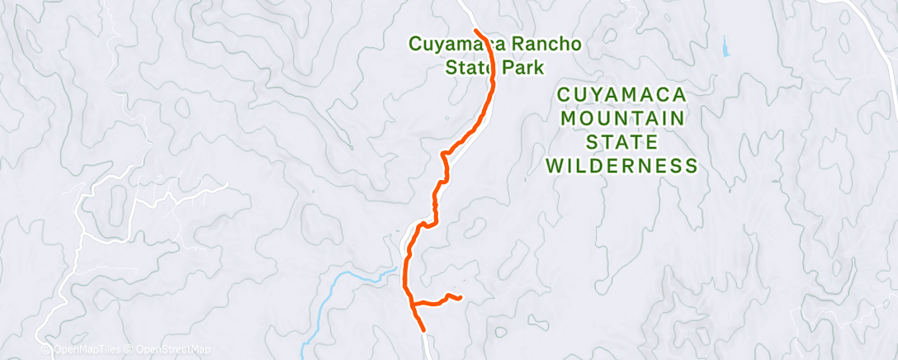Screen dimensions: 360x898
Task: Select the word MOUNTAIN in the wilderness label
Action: point(622,118)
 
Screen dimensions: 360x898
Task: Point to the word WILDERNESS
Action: point(622,166)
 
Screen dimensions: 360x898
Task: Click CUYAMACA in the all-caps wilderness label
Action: point(622,94)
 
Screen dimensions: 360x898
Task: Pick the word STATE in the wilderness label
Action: point(622,142)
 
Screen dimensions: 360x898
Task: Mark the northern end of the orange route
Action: point(476,32)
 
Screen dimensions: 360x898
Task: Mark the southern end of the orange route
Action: point(423,329)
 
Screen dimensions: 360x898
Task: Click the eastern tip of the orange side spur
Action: point(459,297)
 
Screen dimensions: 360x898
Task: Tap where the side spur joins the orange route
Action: point(413,304)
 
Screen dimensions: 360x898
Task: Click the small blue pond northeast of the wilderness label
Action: point(725,48)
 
